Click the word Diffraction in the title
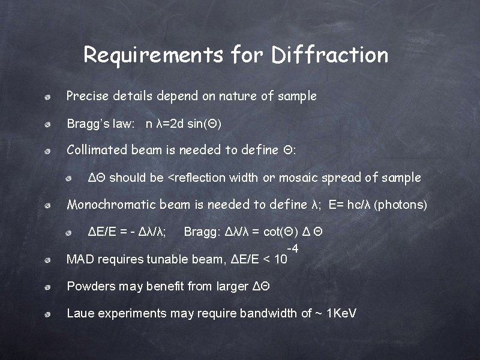tap(329, 55)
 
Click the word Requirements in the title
tap(154, 55)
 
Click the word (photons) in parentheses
tap(400, 205)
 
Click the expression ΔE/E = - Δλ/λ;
tap(127, 232)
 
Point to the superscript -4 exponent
tap(293, 248)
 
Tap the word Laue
tap(79, 313)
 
